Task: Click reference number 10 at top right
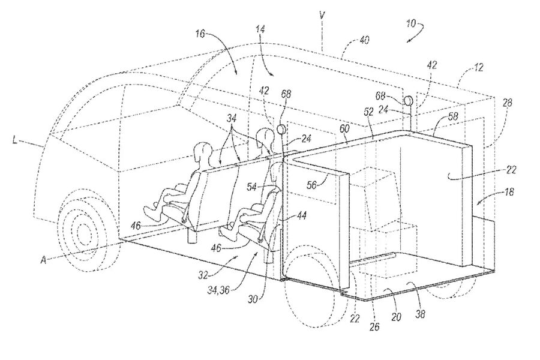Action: (411, 24)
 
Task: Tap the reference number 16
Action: (200, 34)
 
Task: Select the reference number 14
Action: (260, 29)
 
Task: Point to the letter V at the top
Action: (322, 15)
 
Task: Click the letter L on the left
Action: (15, 140)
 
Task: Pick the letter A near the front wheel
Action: (43, 260)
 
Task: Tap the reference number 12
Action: (478, 67)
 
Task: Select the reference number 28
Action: (507, 103)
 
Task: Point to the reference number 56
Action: (311, 185)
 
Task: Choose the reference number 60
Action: (344, 129)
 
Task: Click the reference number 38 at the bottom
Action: (420, 314)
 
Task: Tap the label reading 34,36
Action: (218, 290)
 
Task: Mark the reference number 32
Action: (204, 275)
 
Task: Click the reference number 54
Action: (252, 187)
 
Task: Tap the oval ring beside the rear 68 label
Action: (409, 100)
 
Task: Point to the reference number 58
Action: (453, 116)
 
